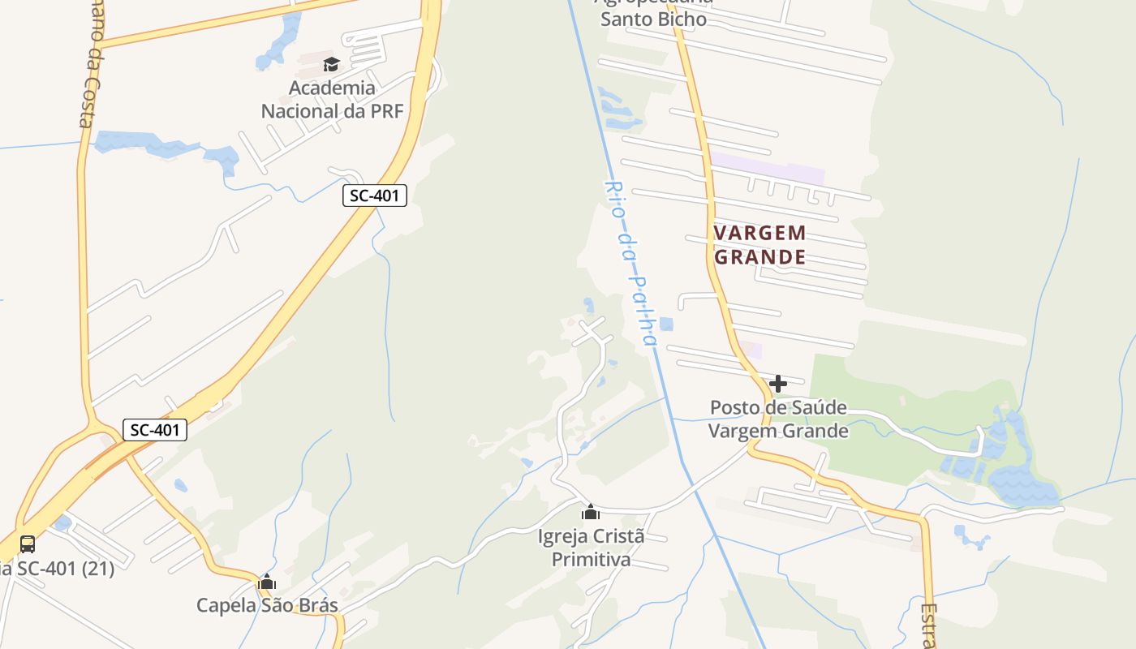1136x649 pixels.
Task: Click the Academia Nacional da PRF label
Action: click(332, 99)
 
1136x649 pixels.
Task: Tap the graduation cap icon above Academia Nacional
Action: click(331, 64)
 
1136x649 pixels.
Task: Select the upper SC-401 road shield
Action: click(374, 195)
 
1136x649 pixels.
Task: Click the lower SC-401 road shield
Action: click(155, 430)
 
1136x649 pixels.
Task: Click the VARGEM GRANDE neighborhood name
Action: click(759, 245)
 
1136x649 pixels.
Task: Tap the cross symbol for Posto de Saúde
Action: click(778, 383)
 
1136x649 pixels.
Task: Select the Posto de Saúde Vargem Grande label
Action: click(778, 419)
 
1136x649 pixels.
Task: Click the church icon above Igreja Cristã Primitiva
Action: click(591, 512)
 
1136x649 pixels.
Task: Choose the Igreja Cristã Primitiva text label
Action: click(591, 548)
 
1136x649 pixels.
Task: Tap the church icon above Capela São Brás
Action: click(267, 582)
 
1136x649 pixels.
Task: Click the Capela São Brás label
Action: click(267, 605)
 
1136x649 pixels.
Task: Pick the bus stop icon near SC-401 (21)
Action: click(28, 544)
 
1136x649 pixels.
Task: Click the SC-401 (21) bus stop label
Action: click(57, 569)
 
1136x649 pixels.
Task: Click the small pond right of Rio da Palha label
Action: click(666, 324)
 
